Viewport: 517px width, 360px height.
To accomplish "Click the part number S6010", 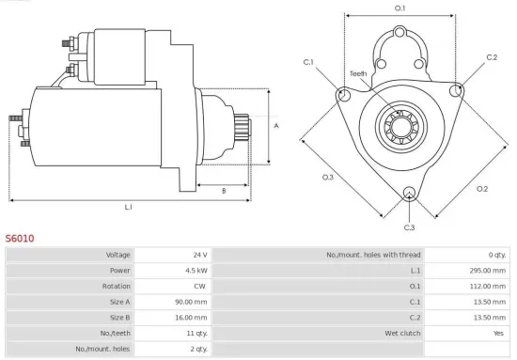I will pyautogui.click(x=20, y=239).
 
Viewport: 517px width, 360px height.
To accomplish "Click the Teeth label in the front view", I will pyautogui.click(x=358, y=73).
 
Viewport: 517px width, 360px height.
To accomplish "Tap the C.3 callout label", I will pyautogui.click(x=409, y=227).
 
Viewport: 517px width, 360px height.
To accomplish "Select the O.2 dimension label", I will pyautogui.click(x=482, y=188).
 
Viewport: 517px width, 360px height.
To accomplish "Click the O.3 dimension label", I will pyautogui.click(x=328, y=177).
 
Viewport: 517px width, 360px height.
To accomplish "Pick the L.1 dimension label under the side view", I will pyautogui.click(x=129, y=207).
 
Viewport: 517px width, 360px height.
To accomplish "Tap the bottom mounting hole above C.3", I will pyautogui.click(x=409, y=195).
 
